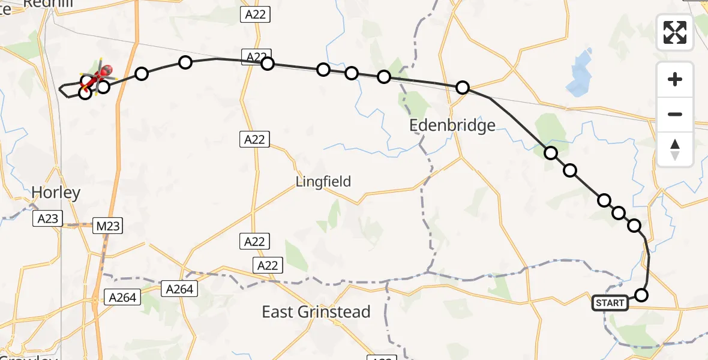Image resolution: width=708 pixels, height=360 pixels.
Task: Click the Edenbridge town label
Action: click(452, 125)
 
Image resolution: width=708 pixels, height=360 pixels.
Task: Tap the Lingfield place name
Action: click(323, 181)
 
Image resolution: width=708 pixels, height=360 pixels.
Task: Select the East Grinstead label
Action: click(316, 312)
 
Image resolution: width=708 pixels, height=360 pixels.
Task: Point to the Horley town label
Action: click(56, 193)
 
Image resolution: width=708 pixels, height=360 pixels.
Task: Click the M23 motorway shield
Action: click(109, 226)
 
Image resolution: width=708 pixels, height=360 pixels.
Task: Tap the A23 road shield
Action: click(47, 218)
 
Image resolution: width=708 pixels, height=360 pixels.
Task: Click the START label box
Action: click(610, 303)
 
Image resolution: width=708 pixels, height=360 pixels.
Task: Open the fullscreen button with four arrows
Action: click(675, 32)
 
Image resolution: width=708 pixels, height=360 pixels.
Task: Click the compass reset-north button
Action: click(675, 149)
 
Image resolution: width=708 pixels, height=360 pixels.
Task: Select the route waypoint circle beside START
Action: click(641, 295)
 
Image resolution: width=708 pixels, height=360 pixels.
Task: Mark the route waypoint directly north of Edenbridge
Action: click(462, 88)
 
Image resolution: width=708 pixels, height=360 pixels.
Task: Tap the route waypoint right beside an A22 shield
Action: click(268, 63)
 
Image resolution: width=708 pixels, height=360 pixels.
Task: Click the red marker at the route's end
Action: click(106, 71)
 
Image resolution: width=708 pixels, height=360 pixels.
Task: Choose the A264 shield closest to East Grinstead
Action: click(179, 289)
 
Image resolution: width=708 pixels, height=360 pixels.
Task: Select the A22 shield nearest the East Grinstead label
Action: click(267, 265)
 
